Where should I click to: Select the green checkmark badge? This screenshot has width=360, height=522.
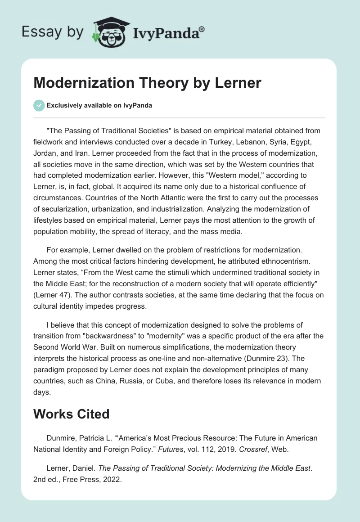tap(39, 106)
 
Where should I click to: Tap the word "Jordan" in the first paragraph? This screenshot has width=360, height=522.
tap(45, 153)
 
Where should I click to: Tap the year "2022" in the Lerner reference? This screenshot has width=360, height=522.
tap(113, 480)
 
